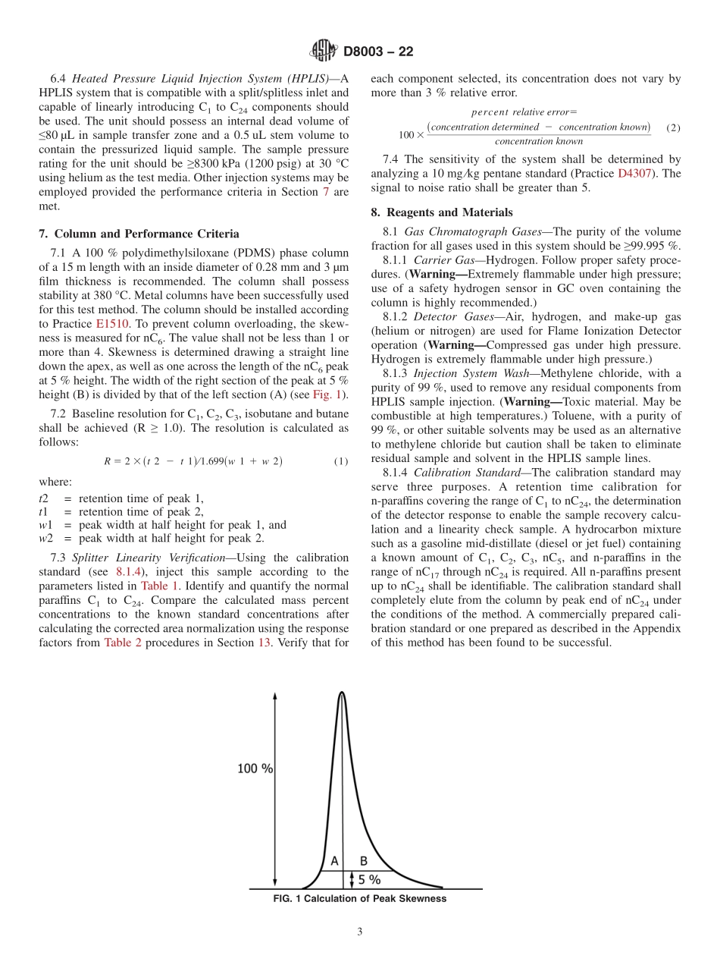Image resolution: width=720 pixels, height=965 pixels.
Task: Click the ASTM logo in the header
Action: pyautogui.click(x=323, y=52)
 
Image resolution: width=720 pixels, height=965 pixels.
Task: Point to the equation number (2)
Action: pyautogui.click(x=672, y=127)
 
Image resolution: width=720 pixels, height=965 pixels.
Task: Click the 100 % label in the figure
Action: pyautogui.click(x=255, y=769)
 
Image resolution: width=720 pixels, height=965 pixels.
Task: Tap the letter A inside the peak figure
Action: pyautogui.click(x=333, y=860)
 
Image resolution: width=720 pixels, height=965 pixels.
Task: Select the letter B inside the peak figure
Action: pyautogui.click(x=363, y=860)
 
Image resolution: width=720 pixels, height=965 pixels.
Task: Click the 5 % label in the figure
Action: pyautogui.click(x=369, y=880)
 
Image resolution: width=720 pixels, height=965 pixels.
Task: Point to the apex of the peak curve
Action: pyautogui.click(x=343, y=693)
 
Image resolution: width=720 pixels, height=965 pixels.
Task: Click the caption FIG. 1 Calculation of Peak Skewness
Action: pyautogui.click(x=359, y=899)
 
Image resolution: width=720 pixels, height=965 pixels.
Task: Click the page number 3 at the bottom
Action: pyautogui.click(x=360, y=932)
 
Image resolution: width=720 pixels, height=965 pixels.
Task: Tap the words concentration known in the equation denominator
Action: pyautogui.click(x=538, y=141)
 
